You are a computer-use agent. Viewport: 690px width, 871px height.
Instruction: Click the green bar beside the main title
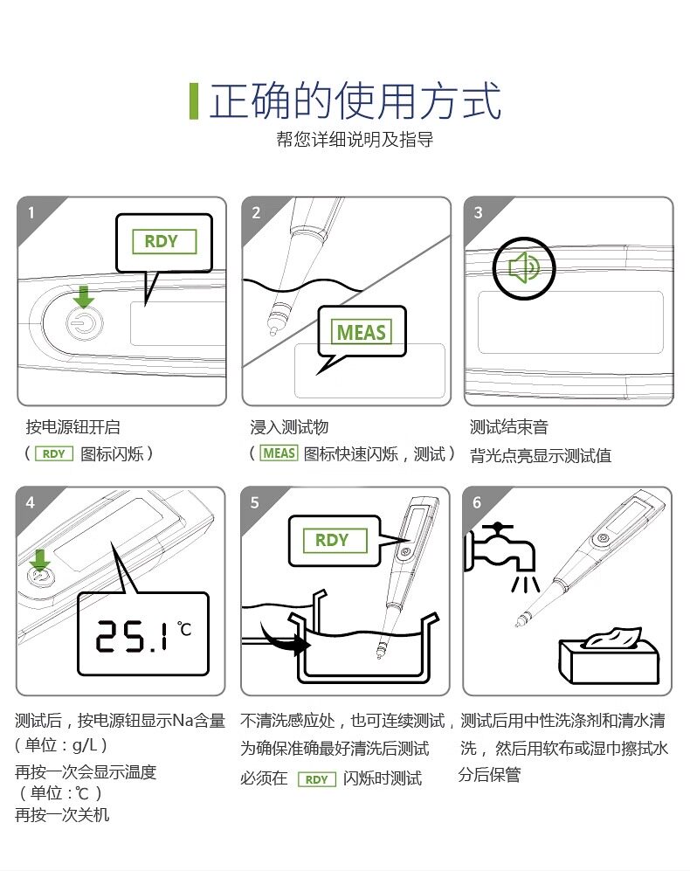coord(194,101)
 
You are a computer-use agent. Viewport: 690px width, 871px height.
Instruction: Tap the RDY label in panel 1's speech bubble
coord(164,242)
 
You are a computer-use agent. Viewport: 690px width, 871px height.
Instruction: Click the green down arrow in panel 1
coord(84,297)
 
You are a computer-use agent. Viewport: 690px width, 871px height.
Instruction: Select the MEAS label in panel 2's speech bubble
coord(361,332)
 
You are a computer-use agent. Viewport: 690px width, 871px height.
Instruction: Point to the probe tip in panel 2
coord(273,332)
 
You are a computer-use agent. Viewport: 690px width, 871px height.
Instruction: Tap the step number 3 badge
coord(479,213)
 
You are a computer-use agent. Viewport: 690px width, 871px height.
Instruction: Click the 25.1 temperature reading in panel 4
coord(133,635)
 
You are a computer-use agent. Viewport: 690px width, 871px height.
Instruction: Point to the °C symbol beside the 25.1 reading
coord(184,629)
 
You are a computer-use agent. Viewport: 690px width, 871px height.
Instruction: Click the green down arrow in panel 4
coord(39,560)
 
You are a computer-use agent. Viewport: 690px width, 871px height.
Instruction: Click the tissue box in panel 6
coord(608,657)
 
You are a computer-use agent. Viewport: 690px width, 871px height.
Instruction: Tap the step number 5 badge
coord(255,502)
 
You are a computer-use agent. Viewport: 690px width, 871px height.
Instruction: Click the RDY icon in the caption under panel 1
coord(54,453)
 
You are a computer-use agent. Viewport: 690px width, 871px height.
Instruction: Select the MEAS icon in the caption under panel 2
coord(279,453)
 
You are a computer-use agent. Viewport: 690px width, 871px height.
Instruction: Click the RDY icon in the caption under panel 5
coord(317,779)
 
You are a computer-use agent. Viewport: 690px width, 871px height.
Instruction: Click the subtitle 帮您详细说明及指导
coord(355,139)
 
